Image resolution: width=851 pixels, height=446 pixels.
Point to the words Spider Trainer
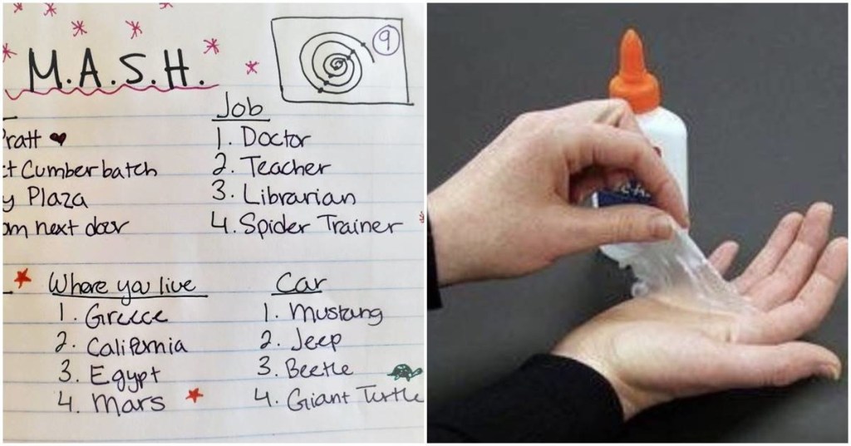click(x=325, y=226)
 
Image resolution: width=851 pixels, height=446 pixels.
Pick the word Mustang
click(x=335, y=314)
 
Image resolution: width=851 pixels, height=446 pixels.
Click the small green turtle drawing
click(x=405, y=373)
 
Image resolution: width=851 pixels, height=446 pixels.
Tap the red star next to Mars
click(x=194, y=395)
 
